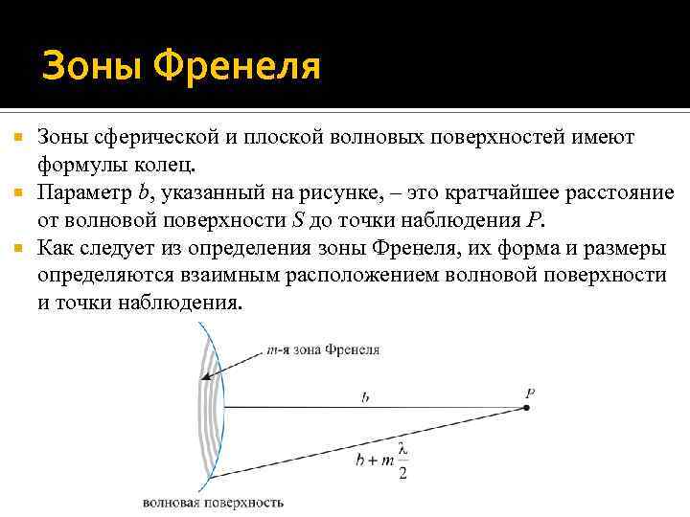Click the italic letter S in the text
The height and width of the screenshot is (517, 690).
(298, 220)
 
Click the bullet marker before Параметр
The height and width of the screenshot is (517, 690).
(16, 193)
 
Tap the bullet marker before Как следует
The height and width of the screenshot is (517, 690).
(16, 249)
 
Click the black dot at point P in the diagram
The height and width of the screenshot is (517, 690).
(527, 408)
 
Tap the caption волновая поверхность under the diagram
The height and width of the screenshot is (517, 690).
(213, 502)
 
